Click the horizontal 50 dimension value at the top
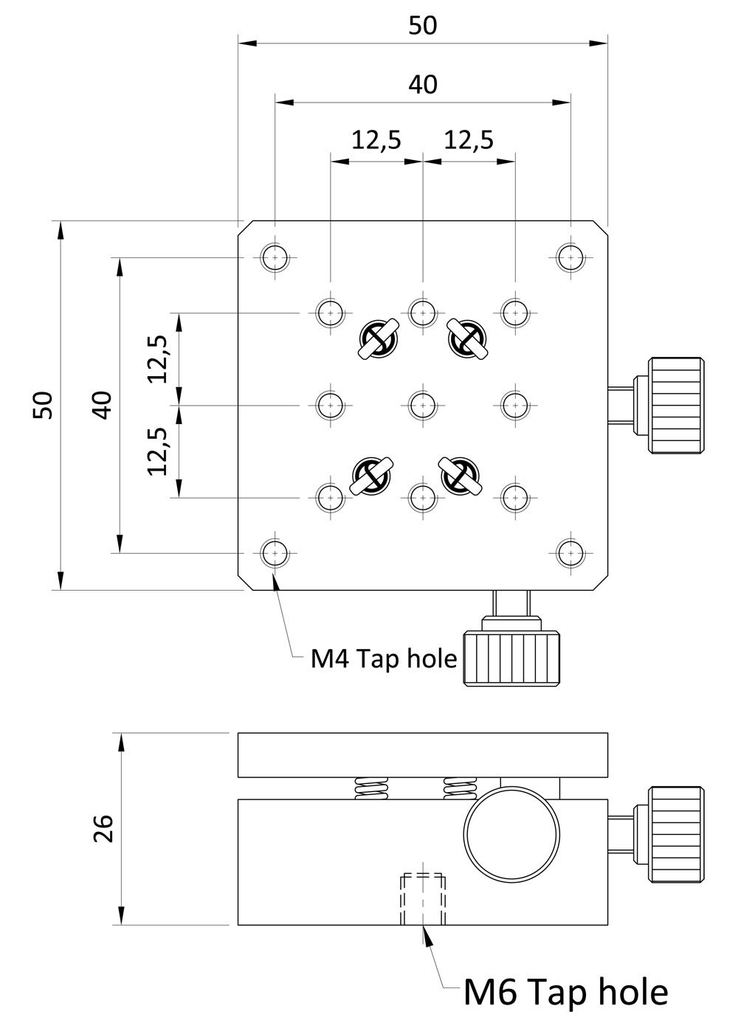click(422, 26)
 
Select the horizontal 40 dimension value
click(422, 85)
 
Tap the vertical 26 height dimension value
click(103, 828)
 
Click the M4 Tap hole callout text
click(384, 658)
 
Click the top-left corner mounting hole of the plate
click(275, 258)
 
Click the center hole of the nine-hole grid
click(421, 404)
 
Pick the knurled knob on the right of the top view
click(675, 405)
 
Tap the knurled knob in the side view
click(675, 834)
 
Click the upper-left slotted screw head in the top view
click(378, 339)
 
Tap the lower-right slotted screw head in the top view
click(461, 476)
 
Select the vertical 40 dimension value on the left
click(103, 405)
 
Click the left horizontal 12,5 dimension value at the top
click(376, 139)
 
